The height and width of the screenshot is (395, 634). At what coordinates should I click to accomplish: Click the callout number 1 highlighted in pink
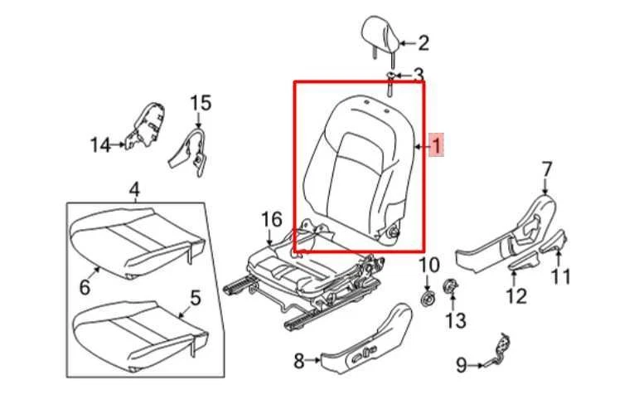[436, 148]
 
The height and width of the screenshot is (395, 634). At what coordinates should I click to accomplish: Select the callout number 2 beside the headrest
[423, 42]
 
